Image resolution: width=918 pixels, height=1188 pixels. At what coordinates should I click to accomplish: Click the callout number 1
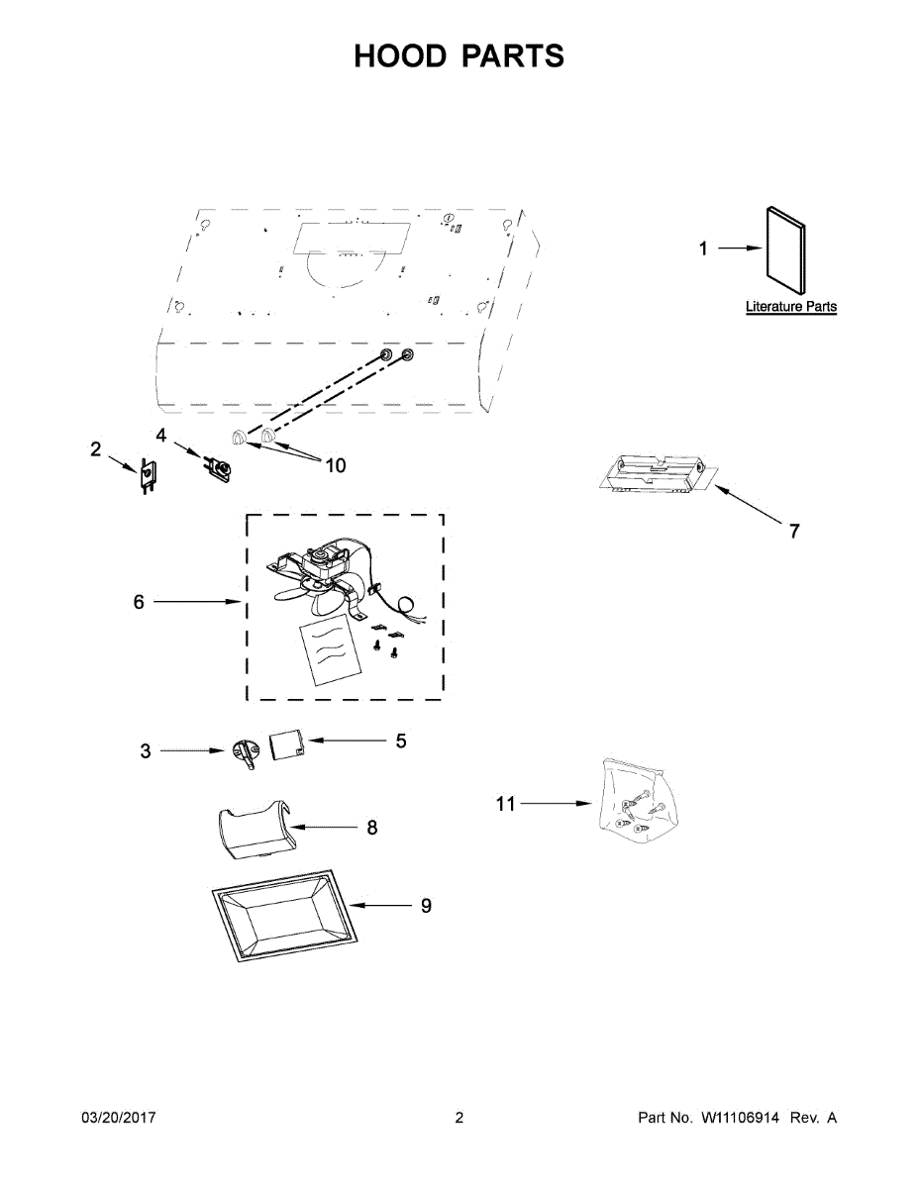(704, 248)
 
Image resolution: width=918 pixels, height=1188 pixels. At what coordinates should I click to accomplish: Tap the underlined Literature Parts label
(790, 308)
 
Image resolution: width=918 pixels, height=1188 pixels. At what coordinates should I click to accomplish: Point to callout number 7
(794, 532)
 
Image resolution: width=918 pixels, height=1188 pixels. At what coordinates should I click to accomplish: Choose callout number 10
(336, 464)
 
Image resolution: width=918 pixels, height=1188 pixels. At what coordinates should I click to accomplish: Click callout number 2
(96, 449)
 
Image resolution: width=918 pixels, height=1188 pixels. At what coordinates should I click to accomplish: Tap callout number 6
(140, 601)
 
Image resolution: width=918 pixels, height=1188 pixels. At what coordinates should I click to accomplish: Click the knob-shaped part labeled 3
(243, 751)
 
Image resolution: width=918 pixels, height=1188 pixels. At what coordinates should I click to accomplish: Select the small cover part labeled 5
(286, 743)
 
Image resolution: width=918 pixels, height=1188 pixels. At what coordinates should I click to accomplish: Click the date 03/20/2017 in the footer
(118, 1118)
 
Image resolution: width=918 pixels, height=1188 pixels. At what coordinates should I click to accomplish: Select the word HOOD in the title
(400, 56)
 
